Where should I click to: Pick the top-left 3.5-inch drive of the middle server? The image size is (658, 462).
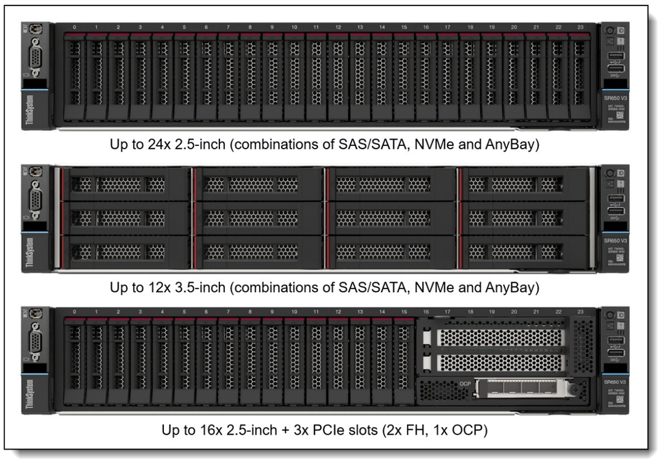click(124, 184)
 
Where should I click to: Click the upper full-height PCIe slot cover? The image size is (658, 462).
click(499, 337)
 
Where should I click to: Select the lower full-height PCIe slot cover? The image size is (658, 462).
click(499, 362)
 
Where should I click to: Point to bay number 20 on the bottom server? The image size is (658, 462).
click(514, 312)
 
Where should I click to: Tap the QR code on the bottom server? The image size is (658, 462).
click(620, 398)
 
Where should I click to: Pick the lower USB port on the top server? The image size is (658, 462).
click(615, 69)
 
